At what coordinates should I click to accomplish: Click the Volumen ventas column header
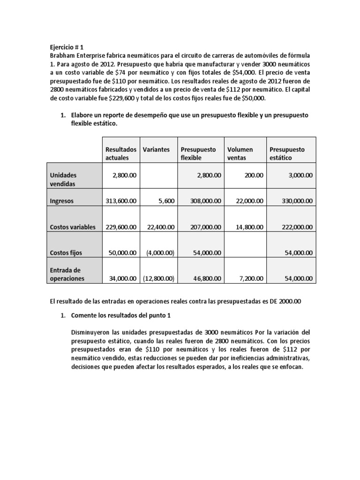coord(240,153)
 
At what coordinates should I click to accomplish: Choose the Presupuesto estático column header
coord(287,153)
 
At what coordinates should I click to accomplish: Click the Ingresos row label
coord(63,201)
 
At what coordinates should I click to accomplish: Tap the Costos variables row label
coord(73,227)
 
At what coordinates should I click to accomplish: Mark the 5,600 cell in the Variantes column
coord(165,201)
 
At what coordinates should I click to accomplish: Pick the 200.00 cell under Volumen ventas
coord(254,175)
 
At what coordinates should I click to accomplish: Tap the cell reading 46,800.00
coord(206,278)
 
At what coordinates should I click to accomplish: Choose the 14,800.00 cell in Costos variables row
coord(247,227)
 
